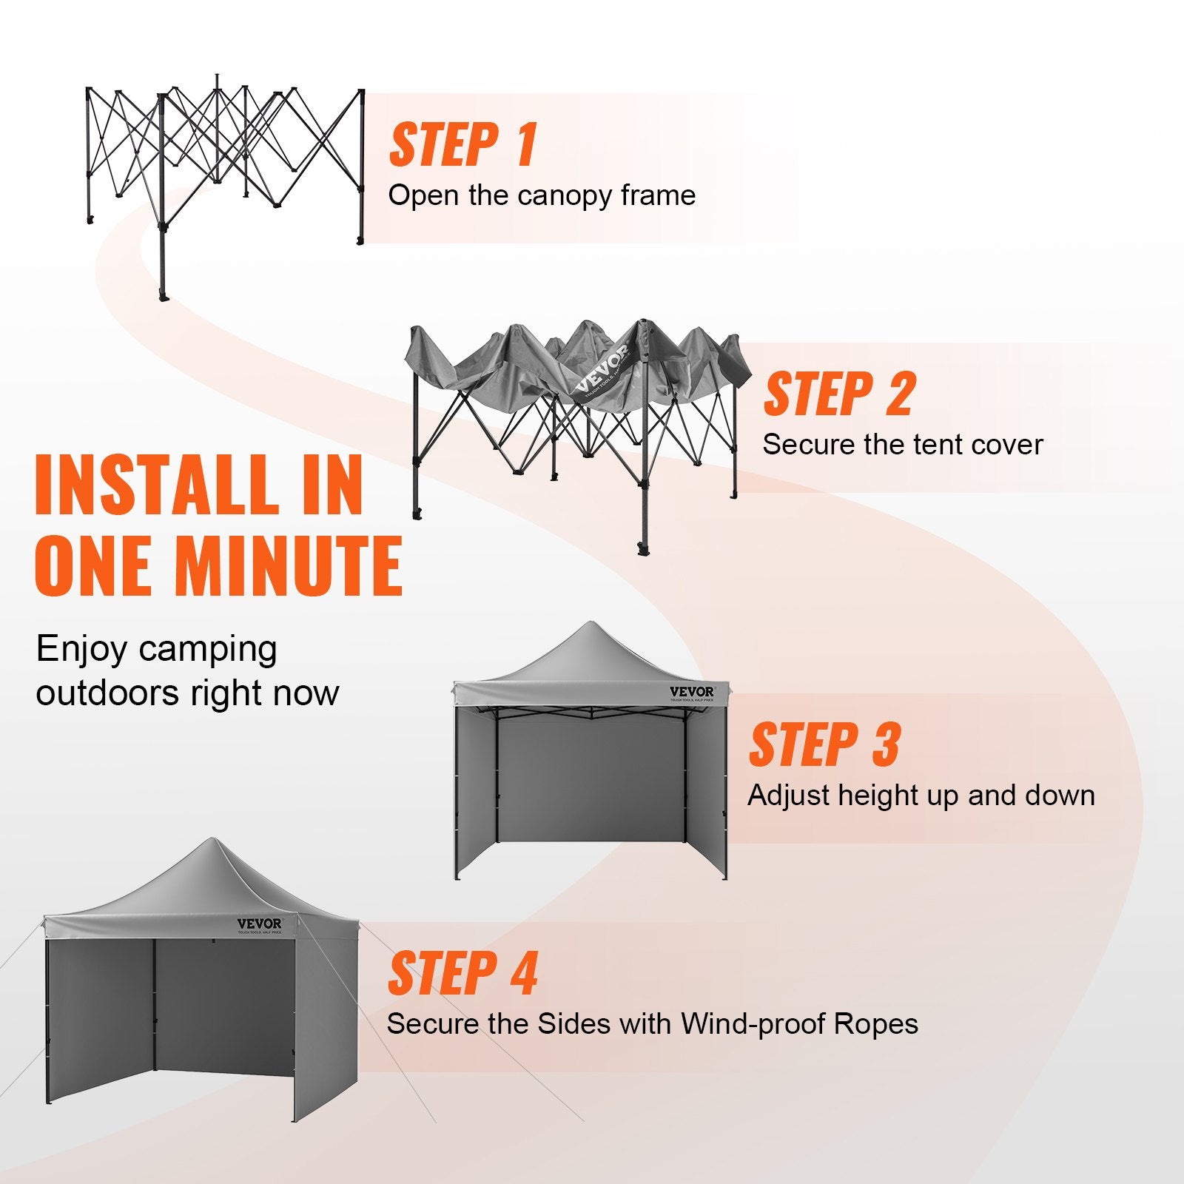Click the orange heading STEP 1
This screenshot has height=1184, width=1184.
click(462, 145)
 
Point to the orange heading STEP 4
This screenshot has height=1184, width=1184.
click(462, 974)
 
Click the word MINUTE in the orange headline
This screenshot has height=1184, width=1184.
click(289, 565)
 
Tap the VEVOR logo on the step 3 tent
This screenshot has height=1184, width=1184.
click(692, 692)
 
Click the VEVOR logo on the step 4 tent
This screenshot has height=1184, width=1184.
click(259, 924)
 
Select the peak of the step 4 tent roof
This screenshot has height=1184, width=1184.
click(212, 841)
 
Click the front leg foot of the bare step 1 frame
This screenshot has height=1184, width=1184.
click(163, 296)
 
